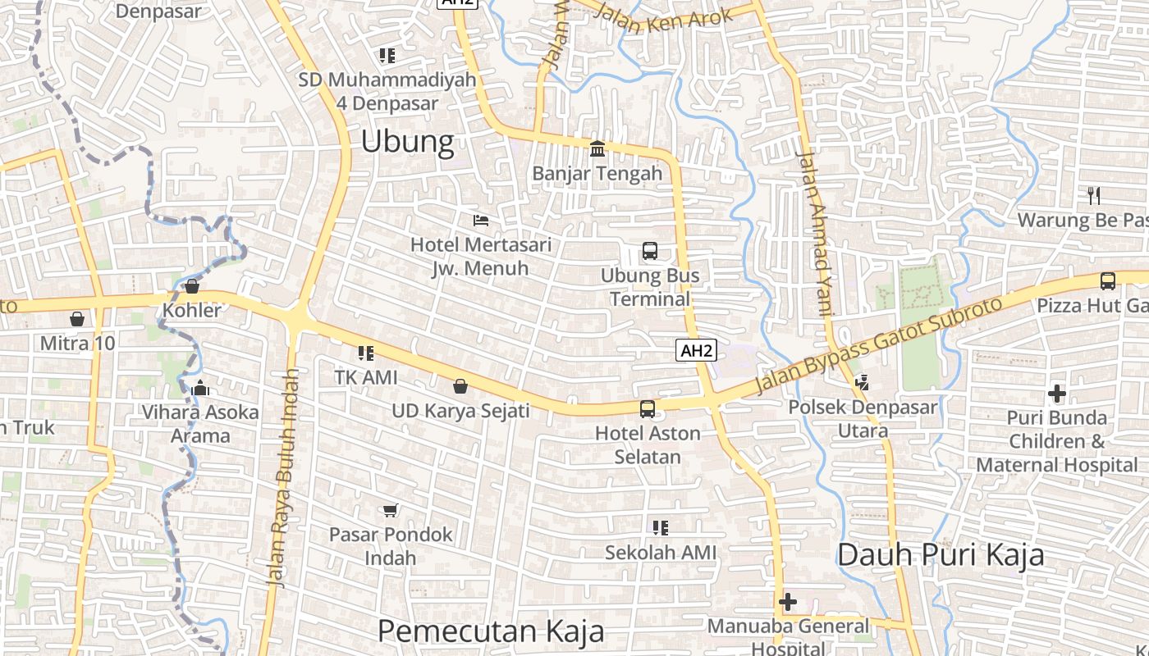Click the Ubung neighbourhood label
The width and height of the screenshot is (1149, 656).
point(407,142)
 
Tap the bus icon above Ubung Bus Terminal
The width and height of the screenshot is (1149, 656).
point(650,251)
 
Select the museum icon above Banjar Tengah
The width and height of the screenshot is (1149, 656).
point(597,149)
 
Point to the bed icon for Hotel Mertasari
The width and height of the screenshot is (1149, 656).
point(481,220)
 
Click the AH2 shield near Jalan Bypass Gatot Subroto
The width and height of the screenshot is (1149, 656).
point(697,351)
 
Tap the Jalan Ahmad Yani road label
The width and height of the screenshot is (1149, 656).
point(816,234)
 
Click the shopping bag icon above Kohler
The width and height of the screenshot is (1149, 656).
point(192,286)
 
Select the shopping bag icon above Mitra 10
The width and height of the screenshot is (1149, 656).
point(77,318)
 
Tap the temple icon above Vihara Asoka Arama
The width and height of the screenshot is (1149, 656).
point(201,388)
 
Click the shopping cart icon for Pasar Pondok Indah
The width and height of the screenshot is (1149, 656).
point(391,510)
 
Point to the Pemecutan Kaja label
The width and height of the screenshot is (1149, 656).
point(491,631)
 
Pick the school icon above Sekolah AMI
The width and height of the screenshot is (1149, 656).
point(661,528)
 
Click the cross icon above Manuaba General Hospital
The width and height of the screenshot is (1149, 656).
point(788,603)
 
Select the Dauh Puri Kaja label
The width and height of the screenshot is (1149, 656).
point(941,555)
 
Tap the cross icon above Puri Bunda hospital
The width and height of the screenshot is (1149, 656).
point(1057,394)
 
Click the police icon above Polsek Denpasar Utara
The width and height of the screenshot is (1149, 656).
point(862,381)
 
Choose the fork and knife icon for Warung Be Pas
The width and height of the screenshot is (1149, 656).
point(1093,195)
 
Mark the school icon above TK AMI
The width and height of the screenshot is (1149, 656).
point(366,353)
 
